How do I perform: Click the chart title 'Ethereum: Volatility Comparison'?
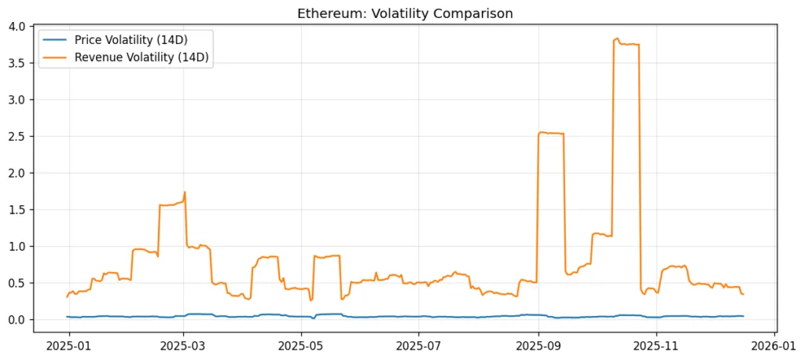[x=405, y=13]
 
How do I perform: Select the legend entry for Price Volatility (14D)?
[x=129, y=39]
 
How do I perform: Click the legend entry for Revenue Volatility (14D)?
[x=141, y=56]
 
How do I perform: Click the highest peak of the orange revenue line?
[x=617, y=39]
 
